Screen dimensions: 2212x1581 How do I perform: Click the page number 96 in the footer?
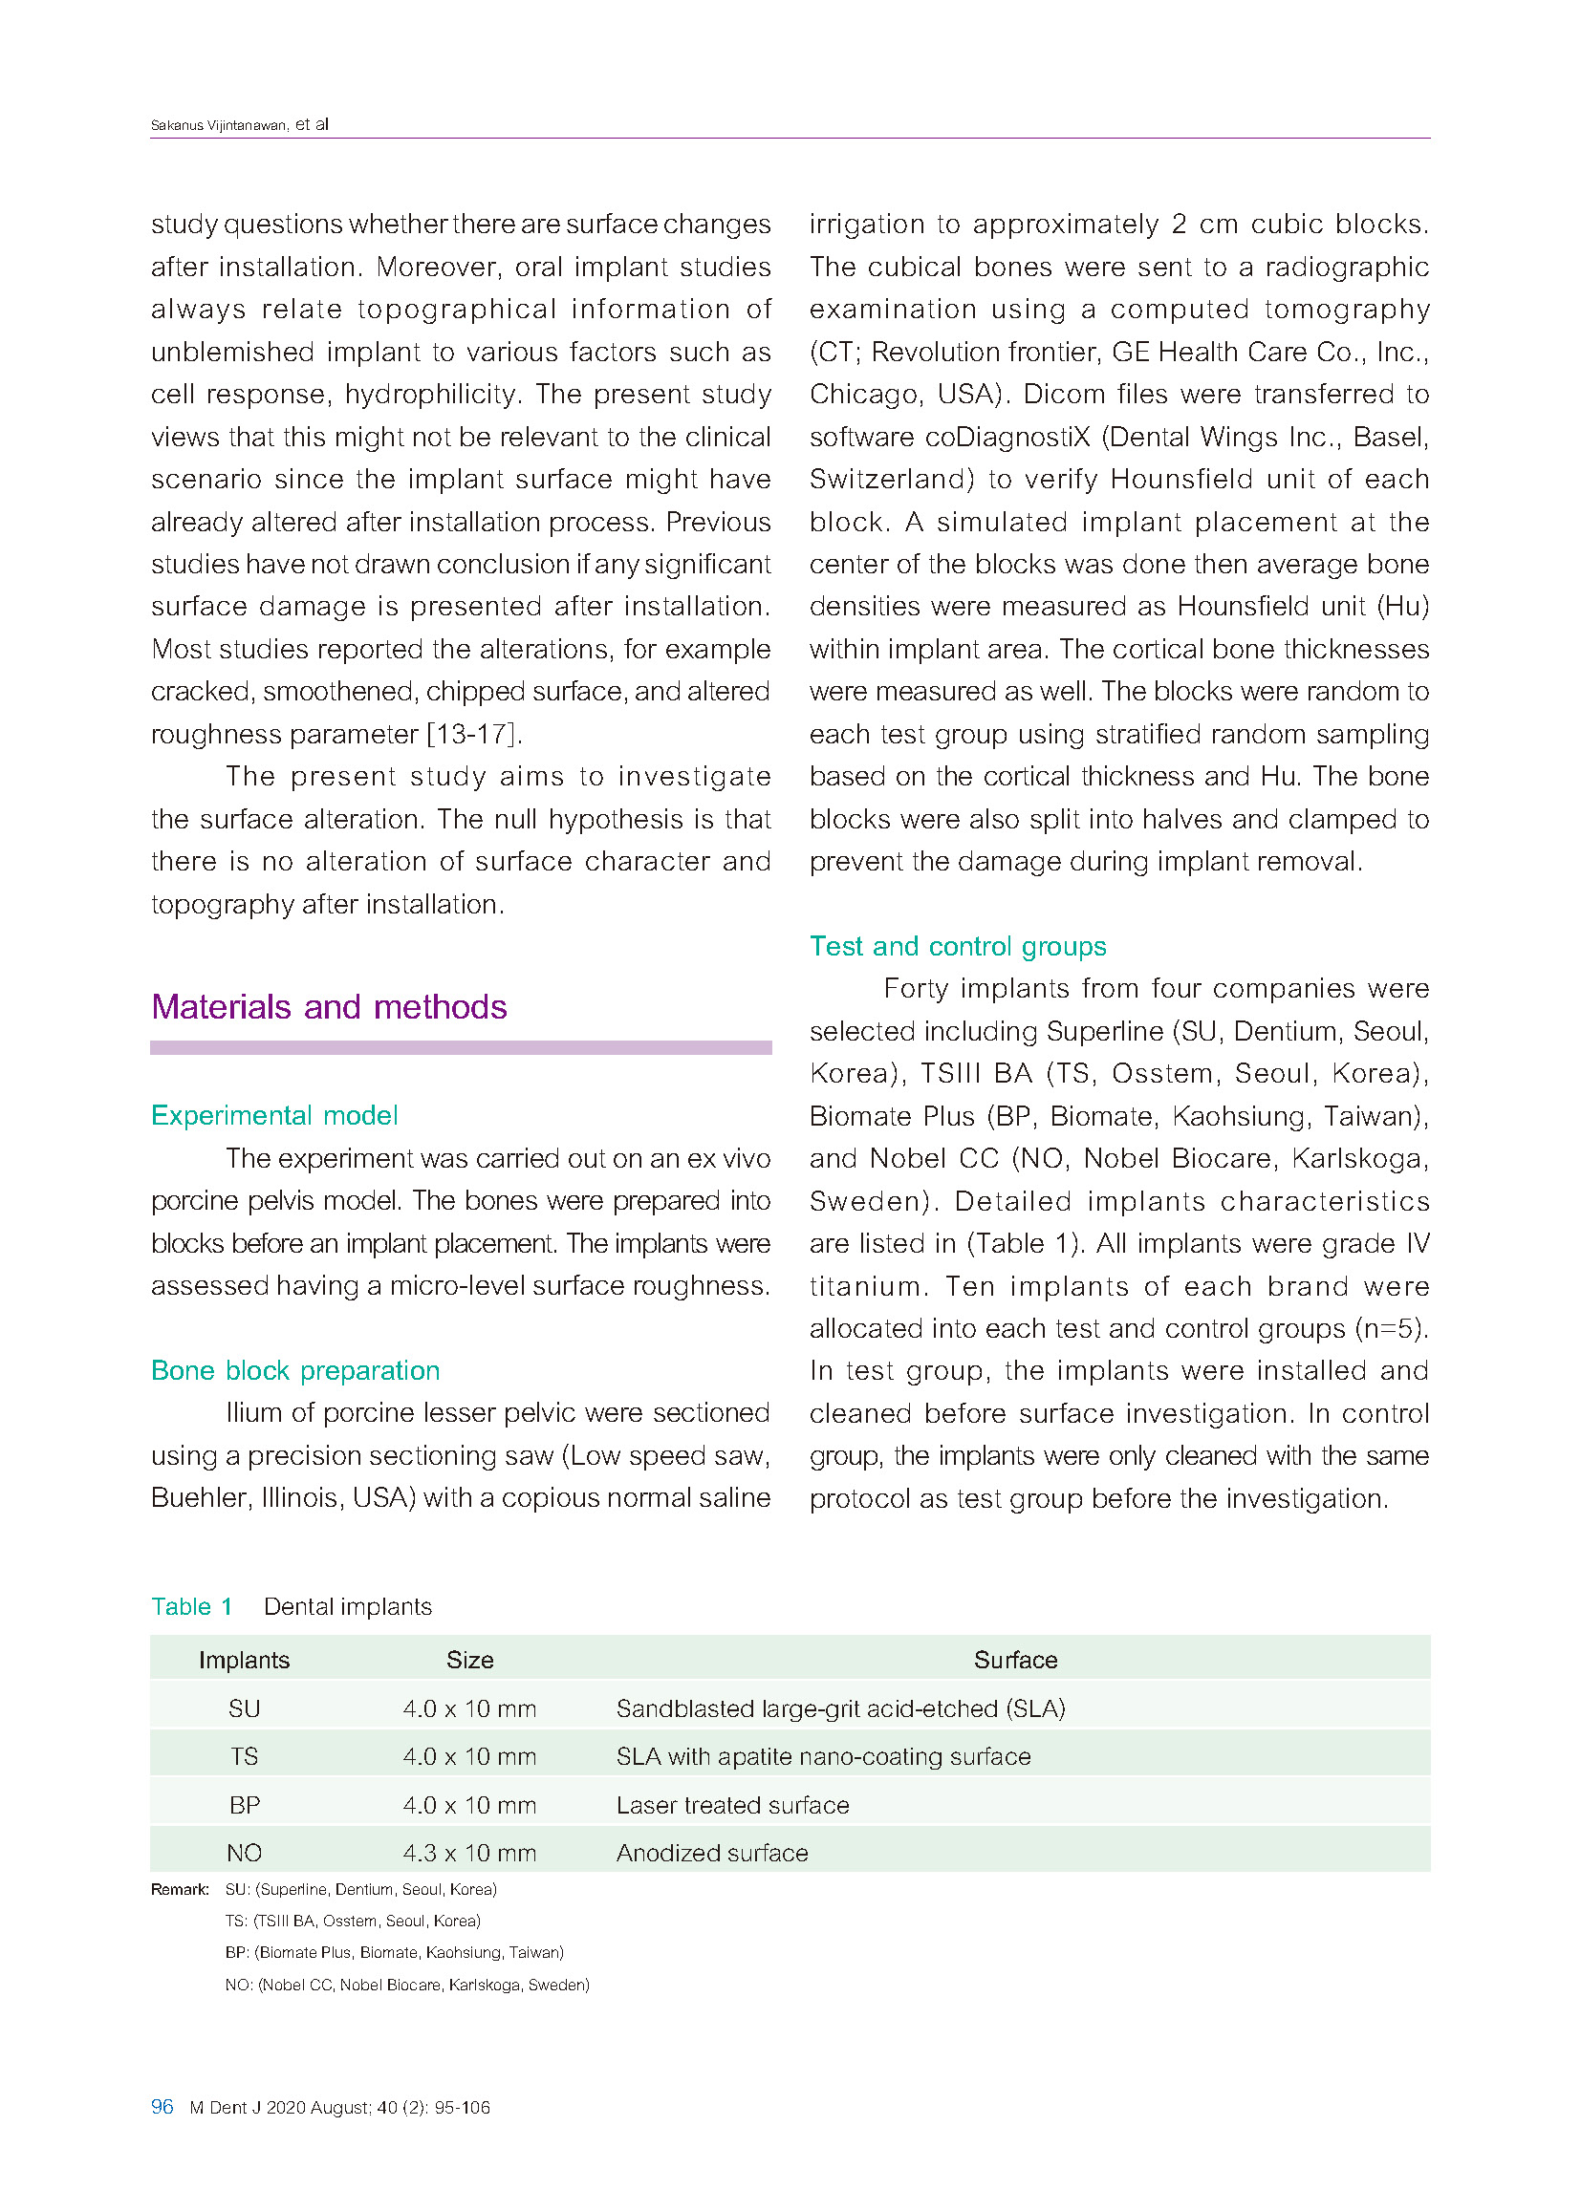162,2106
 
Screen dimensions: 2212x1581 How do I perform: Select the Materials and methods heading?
329,1006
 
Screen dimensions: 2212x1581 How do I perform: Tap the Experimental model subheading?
273,1114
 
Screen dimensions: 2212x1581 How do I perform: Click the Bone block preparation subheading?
295,1370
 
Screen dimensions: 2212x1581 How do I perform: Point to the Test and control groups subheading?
957,946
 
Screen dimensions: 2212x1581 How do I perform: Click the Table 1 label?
192,1607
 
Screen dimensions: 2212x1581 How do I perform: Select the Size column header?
469,1660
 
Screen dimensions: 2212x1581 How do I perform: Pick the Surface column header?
1014,1660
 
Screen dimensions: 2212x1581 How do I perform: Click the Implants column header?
244,1660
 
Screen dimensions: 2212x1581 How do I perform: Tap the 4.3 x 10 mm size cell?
469,1853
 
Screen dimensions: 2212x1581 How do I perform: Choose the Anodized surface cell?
712,1853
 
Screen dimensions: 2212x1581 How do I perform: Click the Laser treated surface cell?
732,1805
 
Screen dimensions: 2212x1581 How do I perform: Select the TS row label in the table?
244,1756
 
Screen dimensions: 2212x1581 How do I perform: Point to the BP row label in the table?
244,1805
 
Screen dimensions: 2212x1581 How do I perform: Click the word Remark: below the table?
179,1890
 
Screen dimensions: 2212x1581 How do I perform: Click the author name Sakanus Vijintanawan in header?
219,125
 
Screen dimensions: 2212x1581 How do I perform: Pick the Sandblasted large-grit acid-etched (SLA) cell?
840,1708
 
